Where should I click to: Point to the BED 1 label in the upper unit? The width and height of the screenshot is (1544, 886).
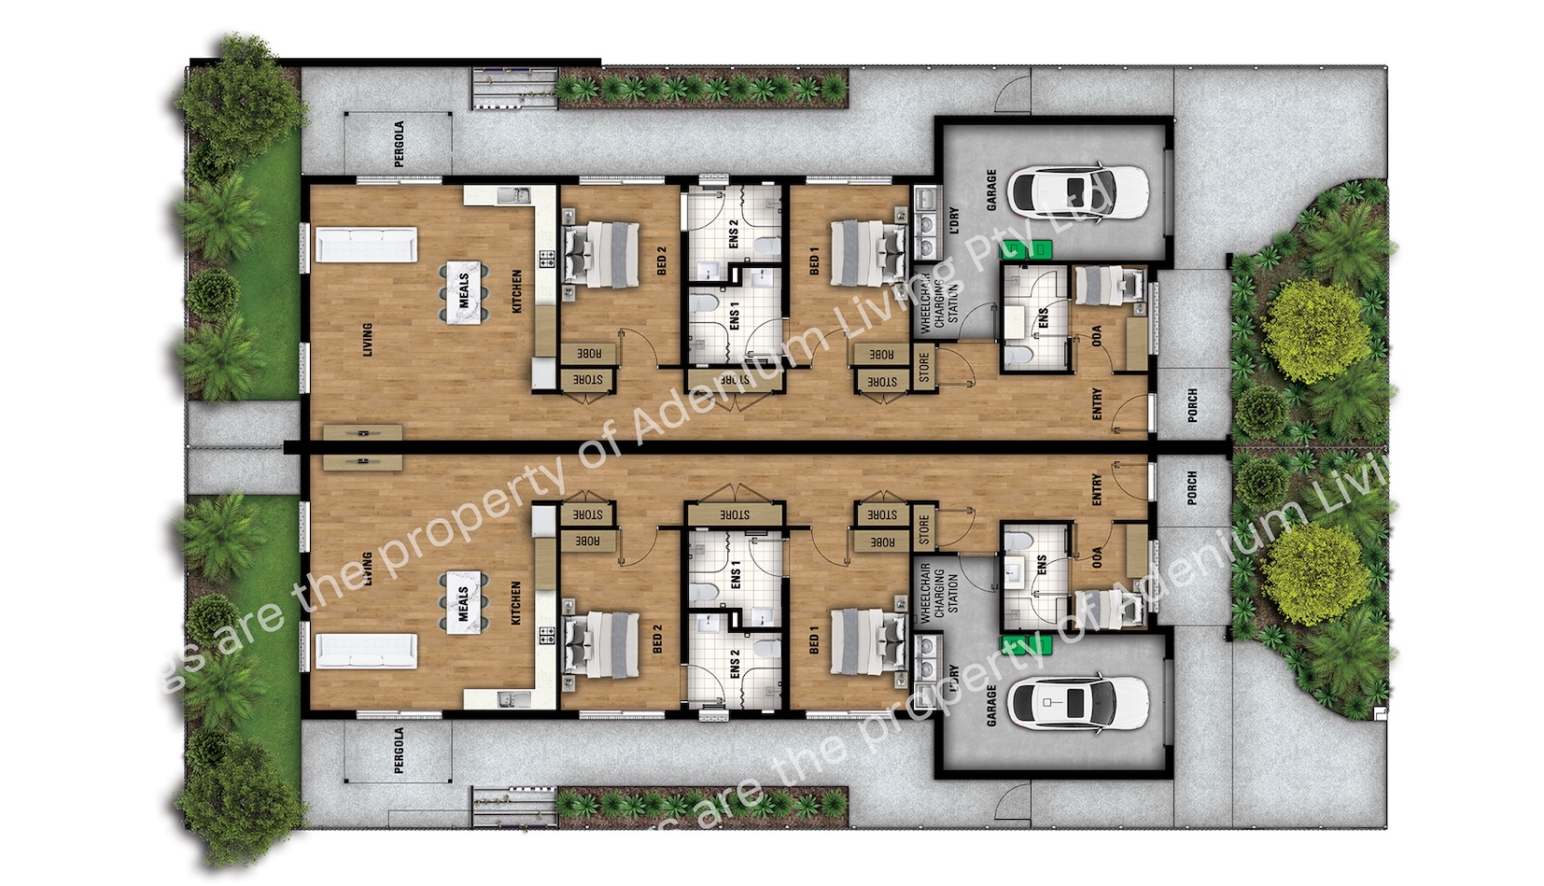tap(814, 260)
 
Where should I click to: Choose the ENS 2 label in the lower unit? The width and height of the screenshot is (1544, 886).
tap(736, 664)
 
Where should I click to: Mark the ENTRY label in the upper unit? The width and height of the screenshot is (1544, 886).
tap(1097, 403)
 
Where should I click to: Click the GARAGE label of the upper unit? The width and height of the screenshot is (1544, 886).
tap(991, 190)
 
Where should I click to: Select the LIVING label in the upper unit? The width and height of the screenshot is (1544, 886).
tap(367, 339)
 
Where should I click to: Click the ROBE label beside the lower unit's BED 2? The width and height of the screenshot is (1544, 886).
tap(587, 541)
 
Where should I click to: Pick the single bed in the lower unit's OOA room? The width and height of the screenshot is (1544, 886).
tap(1108, 606)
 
